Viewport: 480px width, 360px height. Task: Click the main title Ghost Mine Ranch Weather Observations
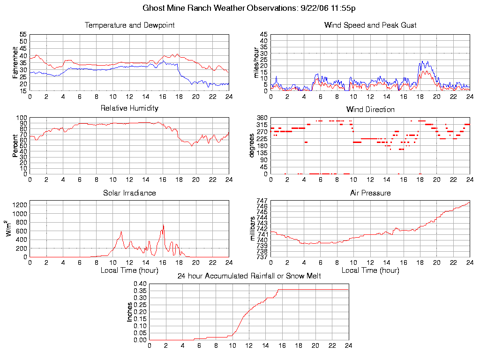[x=248, y=8]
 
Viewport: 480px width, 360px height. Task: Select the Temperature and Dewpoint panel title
[x=129, y=25]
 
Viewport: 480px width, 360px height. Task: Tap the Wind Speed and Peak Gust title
[x=370, y=25]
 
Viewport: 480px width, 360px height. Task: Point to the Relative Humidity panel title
[x=129, y=108]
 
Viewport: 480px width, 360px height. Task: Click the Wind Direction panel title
[x=370, y=110]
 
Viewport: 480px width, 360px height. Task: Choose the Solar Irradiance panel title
[x=129, y=193]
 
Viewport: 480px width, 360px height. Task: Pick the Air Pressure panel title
[x=370, y=193]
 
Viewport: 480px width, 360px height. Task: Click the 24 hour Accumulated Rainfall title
[x=249, y=276]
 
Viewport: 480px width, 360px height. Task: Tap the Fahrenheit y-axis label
[x=15, y=63]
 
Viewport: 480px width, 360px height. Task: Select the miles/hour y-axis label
[x=256, y=63]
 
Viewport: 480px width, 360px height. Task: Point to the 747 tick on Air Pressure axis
[x=262, y=201]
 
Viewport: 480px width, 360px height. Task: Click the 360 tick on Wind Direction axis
[x=262, y=118]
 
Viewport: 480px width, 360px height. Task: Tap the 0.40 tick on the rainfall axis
[x=141, y=284]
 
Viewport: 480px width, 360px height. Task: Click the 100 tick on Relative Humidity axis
[x=22, y=118]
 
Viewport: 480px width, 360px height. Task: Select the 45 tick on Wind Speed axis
[x=264, y=35]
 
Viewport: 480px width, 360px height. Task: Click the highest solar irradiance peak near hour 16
[x=163, y=225]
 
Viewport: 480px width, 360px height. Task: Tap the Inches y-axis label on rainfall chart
[x=130, y=312]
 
